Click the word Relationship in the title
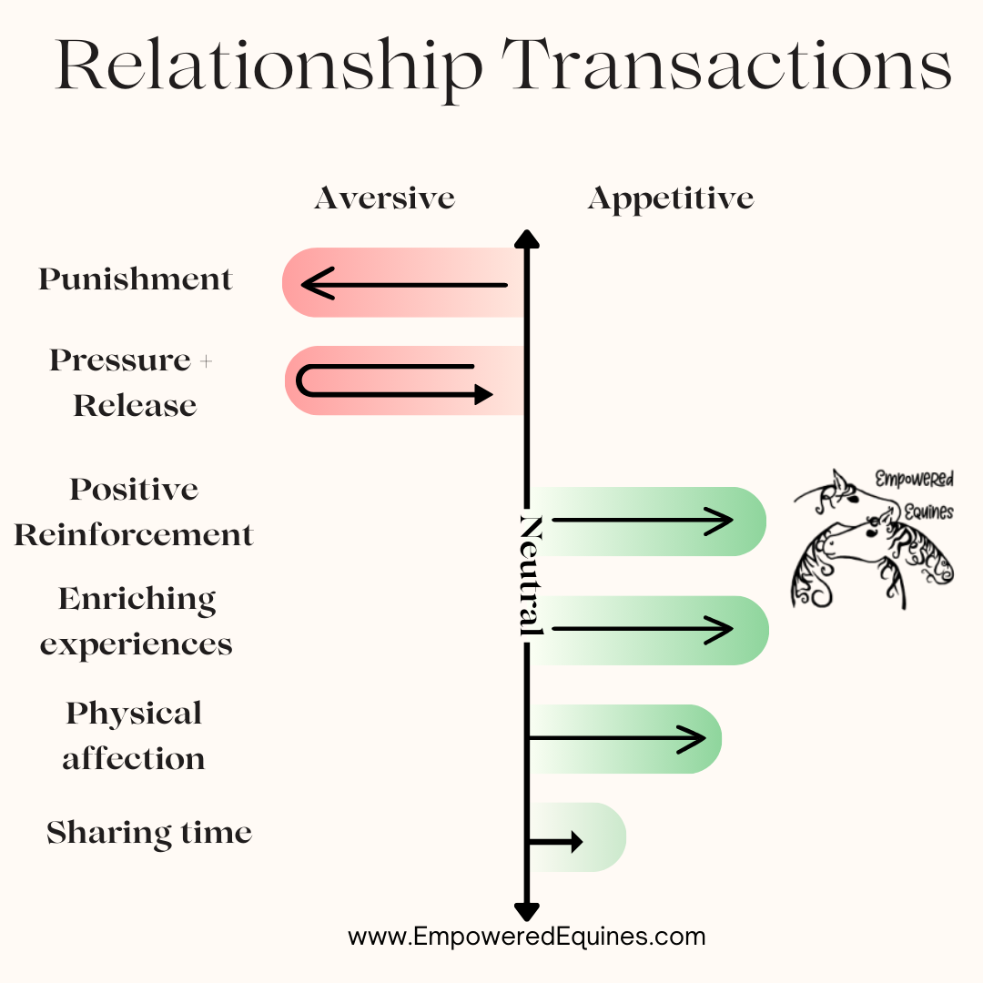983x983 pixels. pyautogui.click(x=269, y=66)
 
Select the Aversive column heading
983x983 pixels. pyautogui.click(x=384, y=198)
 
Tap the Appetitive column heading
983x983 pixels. pyautogui.click(x=671, y=198)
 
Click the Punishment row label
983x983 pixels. pyautogui.click(x=136, y=279)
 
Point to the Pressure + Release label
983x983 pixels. pyautogui.click(x=133, y=382)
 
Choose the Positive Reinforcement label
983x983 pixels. pyautogui.click(x=134, y=512)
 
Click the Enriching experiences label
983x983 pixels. pyautogui.click(x=137, y=621)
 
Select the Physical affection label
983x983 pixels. pyautogui.click(x=134, y=735)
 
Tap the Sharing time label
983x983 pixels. pyautogui.click(x=149, y=833)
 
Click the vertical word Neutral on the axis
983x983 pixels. pyautogui.click(x=530, y=575)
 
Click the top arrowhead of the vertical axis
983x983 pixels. pyautogui.click(x=527, y=239)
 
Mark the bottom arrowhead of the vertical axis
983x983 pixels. pyautogui.click(x=527, y=911)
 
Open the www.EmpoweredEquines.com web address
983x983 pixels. pyautogui.click(x=527, y=937)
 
